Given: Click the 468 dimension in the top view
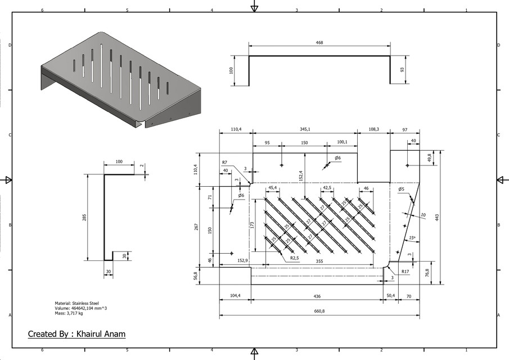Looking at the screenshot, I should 319,43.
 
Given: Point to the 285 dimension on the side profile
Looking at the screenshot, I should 84,218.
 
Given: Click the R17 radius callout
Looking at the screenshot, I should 405,272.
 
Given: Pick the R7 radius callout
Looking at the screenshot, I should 224,163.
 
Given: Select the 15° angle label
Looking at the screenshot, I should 413,237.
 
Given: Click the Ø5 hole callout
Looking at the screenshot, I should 400,189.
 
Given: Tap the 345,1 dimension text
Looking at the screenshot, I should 304,129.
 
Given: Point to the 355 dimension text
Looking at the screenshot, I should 319,261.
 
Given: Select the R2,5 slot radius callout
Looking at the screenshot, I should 294,258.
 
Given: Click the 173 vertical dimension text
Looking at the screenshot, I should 253,224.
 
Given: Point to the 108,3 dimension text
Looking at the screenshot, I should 373,129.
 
